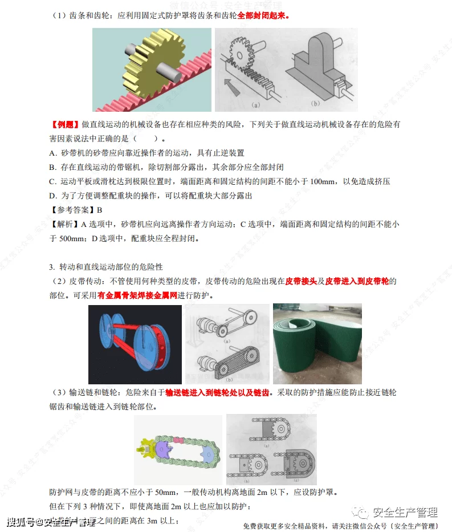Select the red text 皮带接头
point(301,281)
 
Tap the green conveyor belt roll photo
point(316,344)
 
